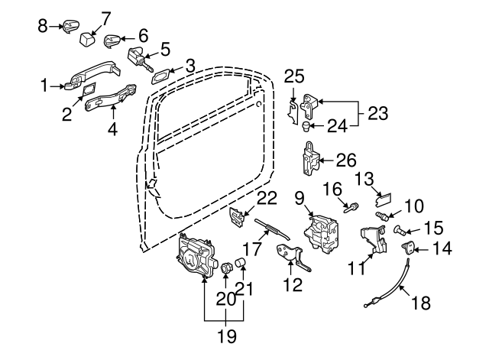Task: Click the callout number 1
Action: [44, 86]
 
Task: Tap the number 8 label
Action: [43, 26]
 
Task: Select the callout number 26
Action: [346, 161]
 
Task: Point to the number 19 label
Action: [224, 335]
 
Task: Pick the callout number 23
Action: [377, 113]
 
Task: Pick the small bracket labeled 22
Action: [238, 216]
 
